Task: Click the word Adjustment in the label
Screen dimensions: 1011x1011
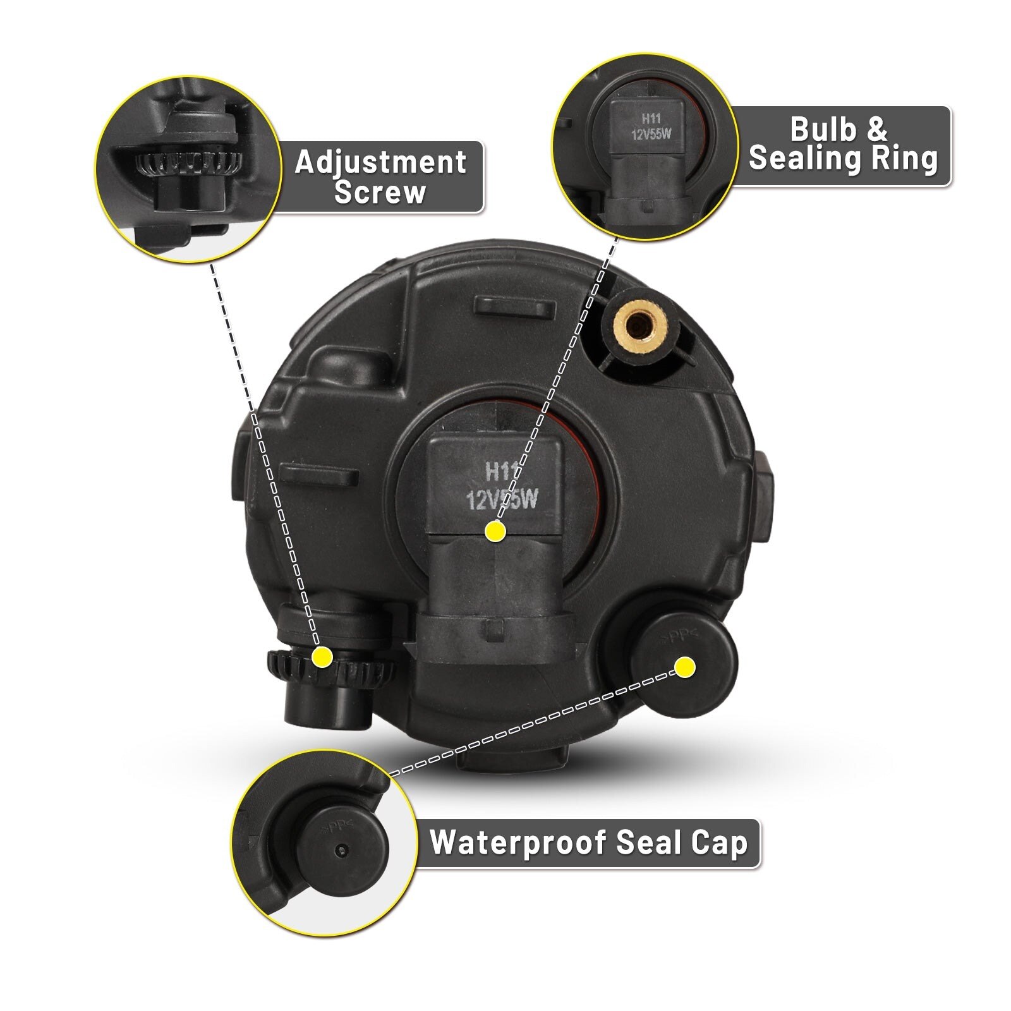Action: coord(380,162)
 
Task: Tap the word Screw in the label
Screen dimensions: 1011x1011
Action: coord(380,192)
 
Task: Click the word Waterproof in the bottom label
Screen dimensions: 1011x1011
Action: coord(518,842)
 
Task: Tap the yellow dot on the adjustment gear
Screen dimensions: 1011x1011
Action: coord(322,657)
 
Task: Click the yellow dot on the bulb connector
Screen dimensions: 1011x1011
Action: coord(495,531)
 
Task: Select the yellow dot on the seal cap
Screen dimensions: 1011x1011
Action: coord(685,667)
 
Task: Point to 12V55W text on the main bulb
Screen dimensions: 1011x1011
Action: coord(502,500)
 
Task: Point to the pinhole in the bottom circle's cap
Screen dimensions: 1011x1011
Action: coord(342,851)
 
